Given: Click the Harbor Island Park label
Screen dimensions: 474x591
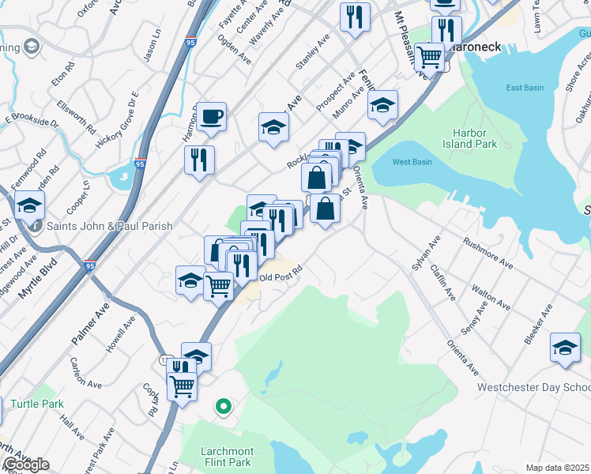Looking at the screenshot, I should point(474,138).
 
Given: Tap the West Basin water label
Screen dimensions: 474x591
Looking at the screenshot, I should point(412,162).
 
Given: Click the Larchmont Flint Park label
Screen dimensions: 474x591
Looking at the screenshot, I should point(215,457).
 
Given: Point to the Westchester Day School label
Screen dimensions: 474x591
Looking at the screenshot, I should point(533,388).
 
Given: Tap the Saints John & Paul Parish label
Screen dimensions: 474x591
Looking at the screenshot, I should point(110,227).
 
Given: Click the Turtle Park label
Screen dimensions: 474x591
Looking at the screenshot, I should point(37,404).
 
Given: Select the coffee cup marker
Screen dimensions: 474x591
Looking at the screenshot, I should point(212,118).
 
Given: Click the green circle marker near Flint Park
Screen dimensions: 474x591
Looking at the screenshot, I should point(224,407).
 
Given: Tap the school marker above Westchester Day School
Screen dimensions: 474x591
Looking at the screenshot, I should point(565,348).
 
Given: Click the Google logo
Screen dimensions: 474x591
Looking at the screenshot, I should point(26,465).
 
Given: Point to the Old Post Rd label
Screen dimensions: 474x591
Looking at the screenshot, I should point(281,277).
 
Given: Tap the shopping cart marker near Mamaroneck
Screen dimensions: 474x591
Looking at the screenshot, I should point(429,55).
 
